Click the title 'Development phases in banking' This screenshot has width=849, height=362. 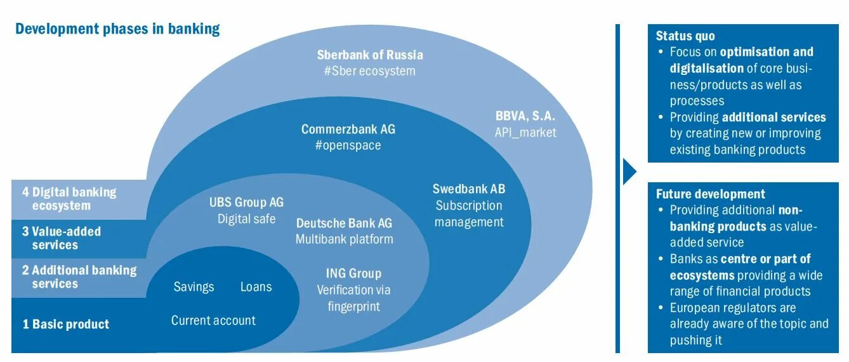tap(117, 29)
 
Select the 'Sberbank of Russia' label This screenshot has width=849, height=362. tap(369, 55)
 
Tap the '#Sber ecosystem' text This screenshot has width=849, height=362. tap(369, 70)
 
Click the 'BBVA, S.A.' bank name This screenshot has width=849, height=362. tap(525, 116)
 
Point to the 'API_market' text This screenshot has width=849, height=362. tap(525, 132)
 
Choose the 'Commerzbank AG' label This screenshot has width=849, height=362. tap(348, 129)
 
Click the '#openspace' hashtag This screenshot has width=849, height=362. tap(348, 145)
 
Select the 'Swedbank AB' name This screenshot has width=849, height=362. tap(469, 189)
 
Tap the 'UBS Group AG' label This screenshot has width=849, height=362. tap(246, 203)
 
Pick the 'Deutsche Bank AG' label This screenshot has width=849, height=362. tap(344, 223)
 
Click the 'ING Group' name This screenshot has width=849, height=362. tap(353, 274)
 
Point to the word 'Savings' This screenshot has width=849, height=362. tap(194, 287)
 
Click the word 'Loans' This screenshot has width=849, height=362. tap(256, 287)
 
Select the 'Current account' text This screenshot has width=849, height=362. tap(213, 321)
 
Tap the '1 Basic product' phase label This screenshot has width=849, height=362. tap(65, 325)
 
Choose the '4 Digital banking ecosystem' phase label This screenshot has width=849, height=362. tap(69, 198)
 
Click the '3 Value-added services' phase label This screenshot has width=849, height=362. tap(61, 238)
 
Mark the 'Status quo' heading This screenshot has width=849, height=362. tap(685, 36)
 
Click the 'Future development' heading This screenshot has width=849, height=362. tap(710, 194)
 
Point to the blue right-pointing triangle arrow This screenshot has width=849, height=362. tap(629, 171)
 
